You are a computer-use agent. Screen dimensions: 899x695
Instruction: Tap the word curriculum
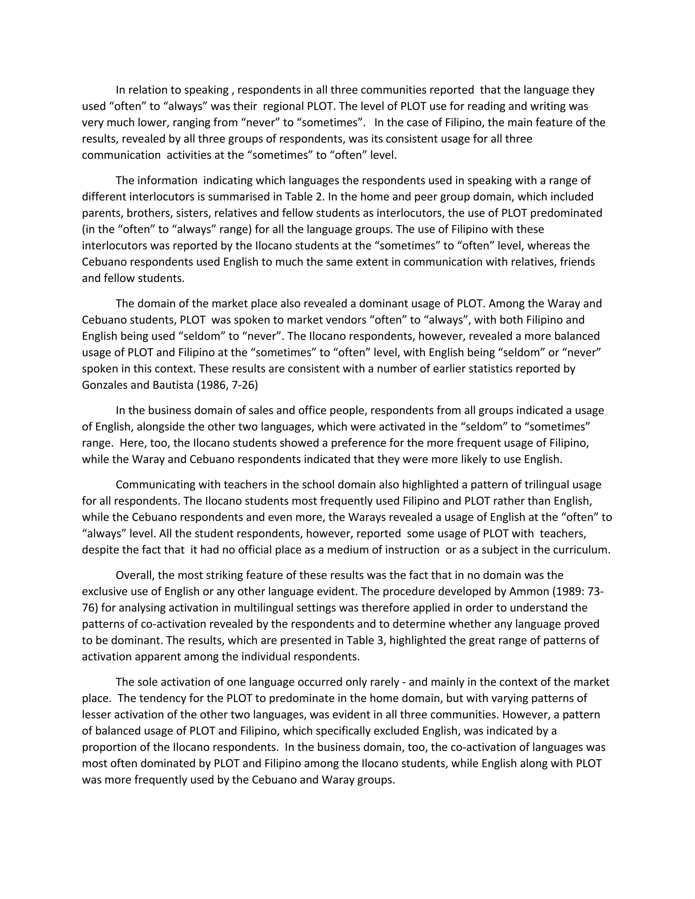tap(581, 550)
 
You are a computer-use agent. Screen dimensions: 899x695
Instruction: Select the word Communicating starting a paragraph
tap(155, 484)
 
